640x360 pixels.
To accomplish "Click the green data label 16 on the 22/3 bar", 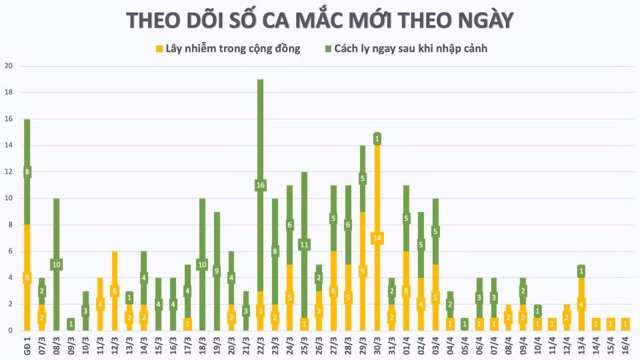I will (x=260, y=185).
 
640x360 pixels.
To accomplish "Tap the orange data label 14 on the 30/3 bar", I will (x=377, y=238).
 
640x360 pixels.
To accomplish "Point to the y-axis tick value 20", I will (x=9, y=66).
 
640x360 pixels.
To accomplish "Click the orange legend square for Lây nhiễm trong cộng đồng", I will (x=159, y=49).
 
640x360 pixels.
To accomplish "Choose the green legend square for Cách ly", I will (x=329, y=49).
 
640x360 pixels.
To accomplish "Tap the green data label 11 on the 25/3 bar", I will (x=304, y=245).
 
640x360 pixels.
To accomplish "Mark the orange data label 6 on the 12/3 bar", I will (x=115, y=291).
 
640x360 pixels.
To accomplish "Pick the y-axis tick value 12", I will (x=9, y=172).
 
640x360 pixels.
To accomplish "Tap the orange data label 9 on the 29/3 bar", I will (x=363, y=271).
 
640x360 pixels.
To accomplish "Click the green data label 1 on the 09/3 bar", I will (x=71, y=324).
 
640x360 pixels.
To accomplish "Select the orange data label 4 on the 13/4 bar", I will (x=581, y=304).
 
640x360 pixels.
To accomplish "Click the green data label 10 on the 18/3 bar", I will (x=202, y=265).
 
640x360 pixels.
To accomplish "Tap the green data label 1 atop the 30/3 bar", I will (x=377, y=139).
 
